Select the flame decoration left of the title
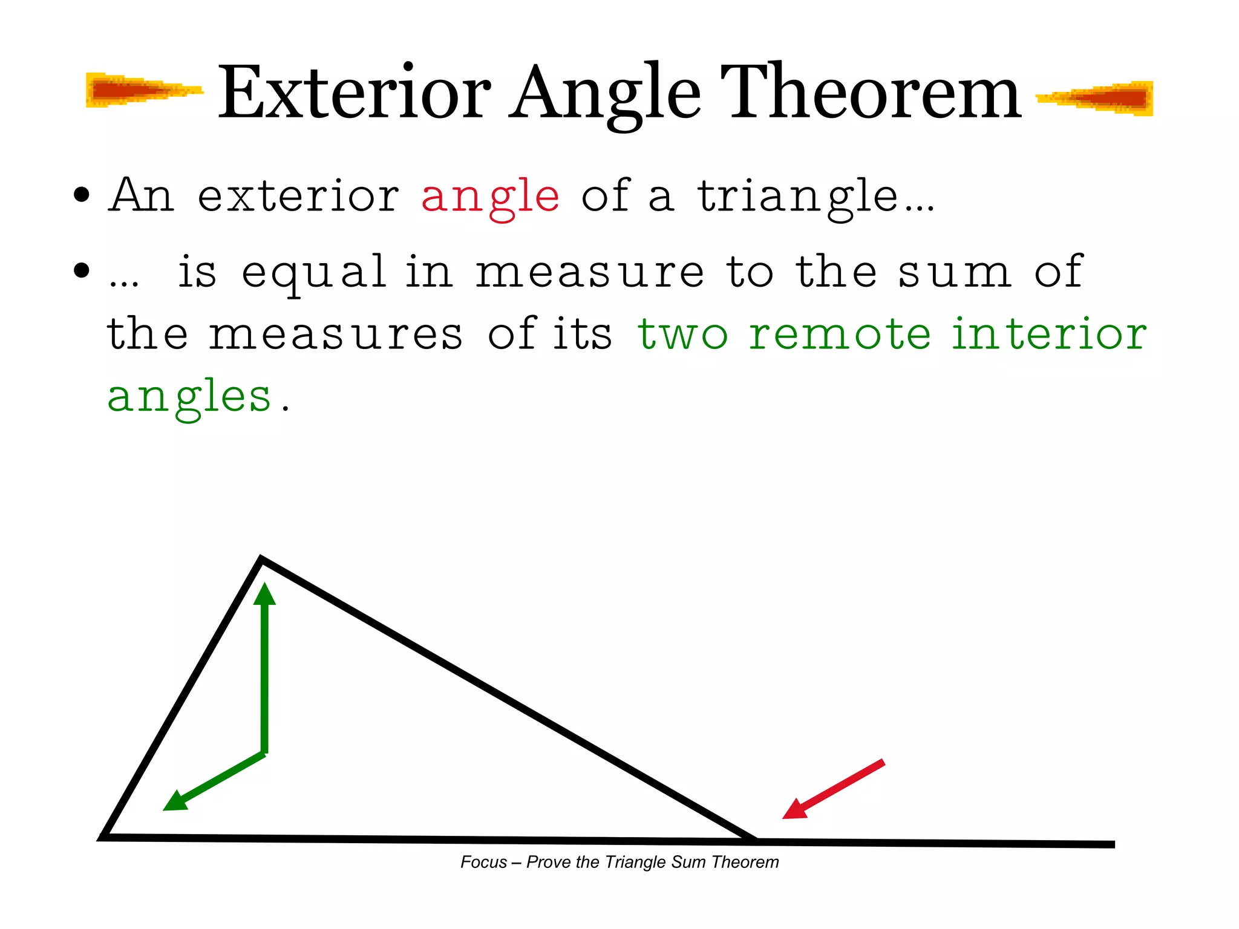(142, 91)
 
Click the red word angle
(490, 197)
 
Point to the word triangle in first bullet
(799, 197)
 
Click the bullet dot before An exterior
(81, 195)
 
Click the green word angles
(189, 398)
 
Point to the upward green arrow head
(264, 593)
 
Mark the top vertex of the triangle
(261, 559)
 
